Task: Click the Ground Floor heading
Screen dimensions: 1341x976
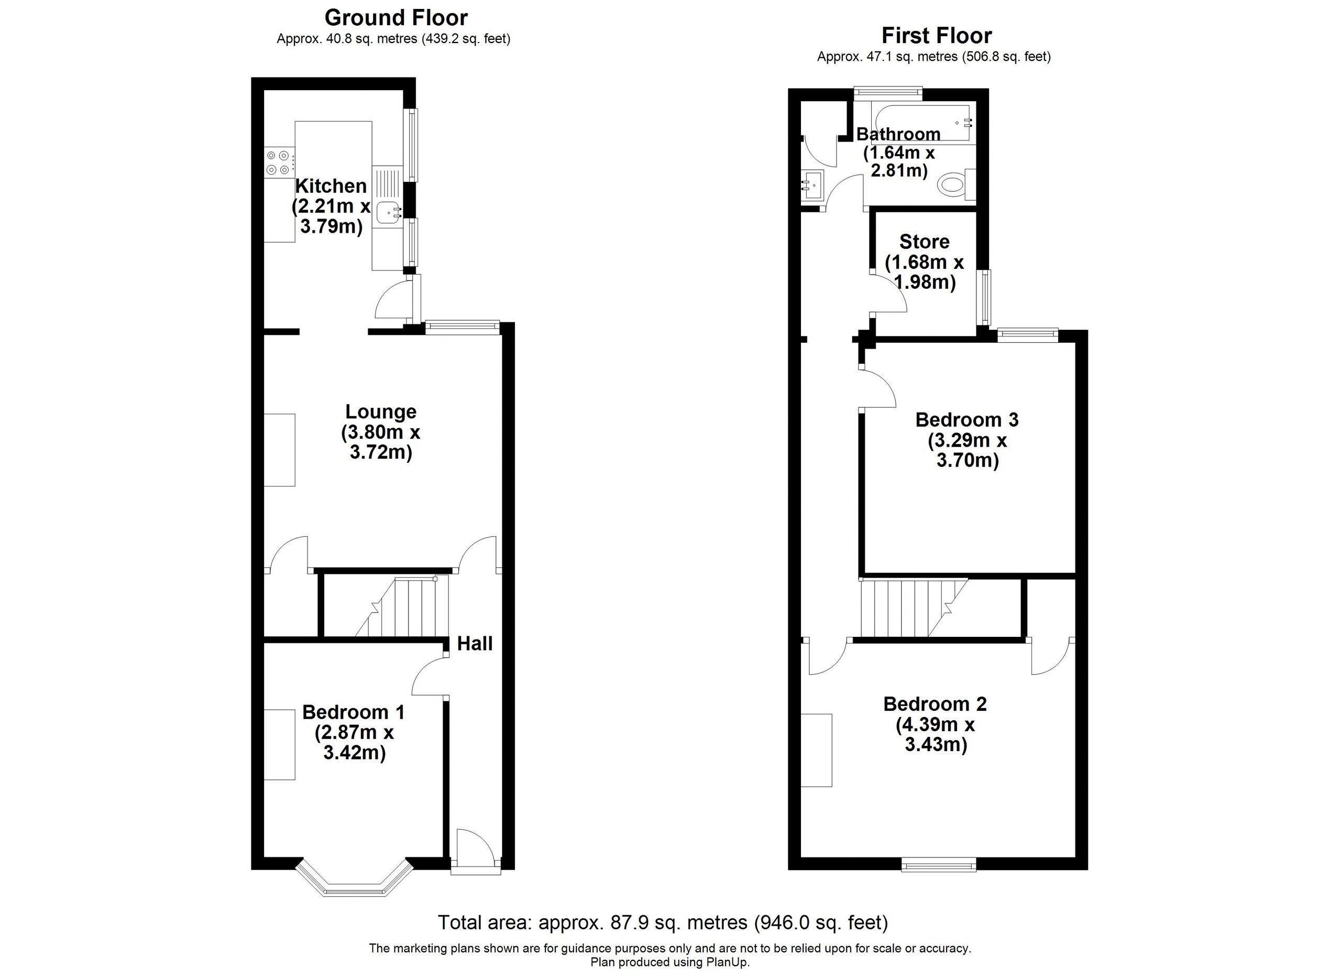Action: (396, 18)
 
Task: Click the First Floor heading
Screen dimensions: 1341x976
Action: (937, 36)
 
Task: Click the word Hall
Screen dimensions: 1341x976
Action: (475, 643)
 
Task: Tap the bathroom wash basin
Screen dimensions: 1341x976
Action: (812, 186)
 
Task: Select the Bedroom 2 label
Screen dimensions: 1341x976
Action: (935, 704)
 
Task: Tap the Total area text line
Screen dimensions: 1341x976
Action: (663, 922)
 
